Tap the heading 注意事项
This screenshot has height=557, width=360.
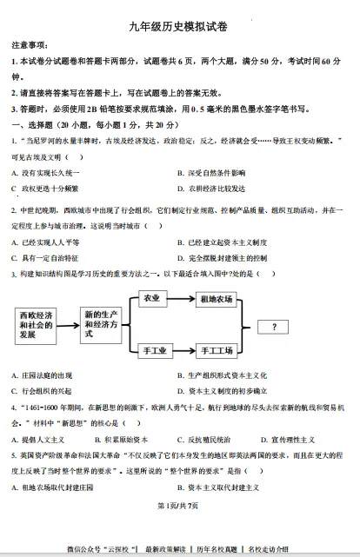pyautogui.click(x=29, y=45)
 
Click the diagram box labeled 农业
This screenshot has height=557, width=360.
pyautogui.click(x=153, y=298)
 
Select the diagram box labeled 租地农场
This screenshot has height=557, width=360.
pyautogui.click(x=217, y=299)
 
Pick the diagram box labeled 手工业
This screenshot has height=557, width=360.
pyautogui.click(x=153, y=350)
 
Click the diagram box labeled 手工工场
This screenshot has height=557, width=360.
pyautogui.click(x=217, y=350)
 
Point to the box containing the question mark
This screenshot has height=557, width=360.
pyautogui.click(x=275, y=327)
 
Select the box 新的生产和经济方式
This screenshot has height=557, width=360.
pyautogui.click(x=103, y=324)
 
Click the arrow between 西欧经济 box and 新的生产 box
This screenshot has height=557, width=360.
pyautogui.click(x=70, y=324)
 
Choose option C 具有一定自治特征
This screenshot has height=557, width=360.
pyautogui.click(x=45, y=257)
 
